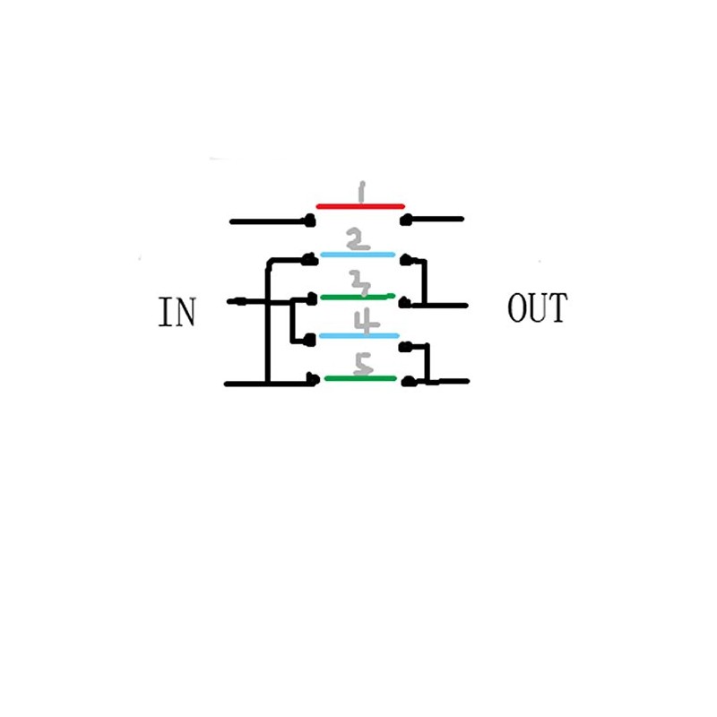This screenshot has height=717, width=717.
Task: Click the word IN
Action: pos(177,311)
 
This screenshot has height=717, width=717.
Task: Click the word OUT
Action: pos(537,307)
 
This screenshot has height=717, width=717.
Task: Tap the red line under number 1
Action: pos(360,207)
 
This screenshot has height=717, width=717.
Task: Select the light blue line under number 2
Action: pos(358,255)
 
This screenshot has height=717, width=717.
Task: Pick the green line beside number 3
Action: pos(358,298)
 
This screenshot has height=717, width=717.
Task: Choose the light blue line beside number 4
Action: pos(359,335)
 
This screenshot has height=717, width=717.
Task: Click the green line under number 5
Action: pos(360,378)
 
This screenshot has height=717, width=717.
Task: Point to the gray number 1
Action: pos(361,192)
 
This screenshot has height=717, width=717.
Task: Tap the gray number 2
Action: pos(358,240)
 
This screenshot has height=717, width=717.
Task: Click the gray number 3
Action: pos(360,282)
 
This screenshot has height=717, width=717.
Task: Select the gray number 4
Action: pos(367,321)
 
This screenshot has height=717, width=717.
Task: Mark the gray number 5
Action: pos(364,365)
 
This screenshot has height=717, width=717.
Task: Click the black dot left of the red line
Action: pos(310,220)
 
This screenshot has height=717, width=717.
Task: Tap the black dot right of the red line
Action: pos(405,220)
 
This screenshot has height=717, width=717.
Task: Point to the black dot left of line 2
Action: pos(310,259)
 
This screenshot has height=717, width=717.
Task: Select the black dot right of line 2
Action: pos(406,260)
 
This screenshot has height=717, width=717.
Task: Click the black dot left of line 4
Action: pos(310,340)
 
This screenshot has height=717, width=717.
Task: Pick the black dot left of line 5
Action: pos(313,378)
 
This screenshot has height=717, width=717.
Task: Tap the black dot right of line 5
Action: pos(408,381)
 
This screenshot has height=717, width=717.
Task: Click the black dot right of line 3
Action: pos(405,302)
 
